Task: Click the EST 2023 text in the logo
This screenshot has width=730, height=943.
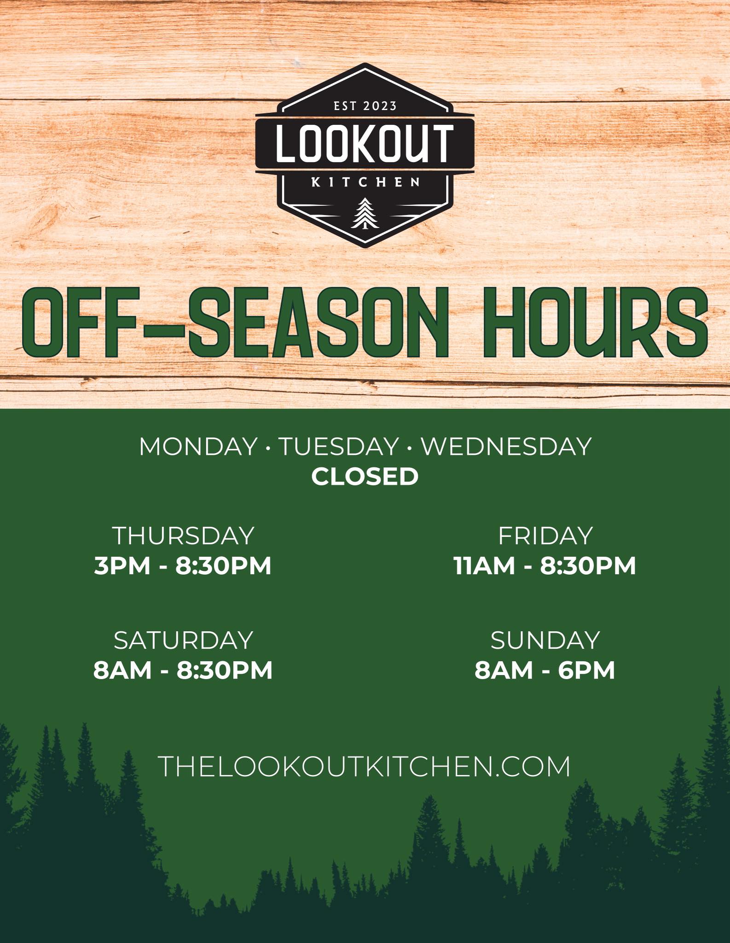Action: point(365,106)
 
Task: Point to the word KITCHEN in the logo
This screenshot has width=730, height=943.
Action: point(365,182)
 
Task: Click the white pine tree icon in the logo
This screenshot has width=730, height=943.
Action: point(364,213)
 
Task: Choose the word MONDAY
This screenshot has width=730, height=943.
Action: point(198,446)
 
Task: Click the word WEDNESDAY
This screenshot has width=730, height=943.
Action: point(506,446)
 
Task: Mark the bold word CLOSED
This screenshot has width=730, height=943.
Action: point(365,477)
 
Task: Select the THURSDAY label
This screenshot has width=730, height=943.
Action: point(183,536)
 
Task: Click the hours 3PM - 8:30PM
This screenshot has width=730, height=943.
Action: point(183,566)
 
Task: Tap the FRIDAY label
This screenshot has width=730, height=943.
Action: point(545,536)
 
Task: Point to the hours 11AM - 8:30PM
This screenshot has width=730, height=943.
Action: point(545,566)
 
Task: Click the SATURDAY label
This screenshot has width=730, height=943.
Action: point(183,640)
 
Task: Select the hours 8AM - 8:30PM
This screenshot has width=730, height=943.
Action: point(183,670)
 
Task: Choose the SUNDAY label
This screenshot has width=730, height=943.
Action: point(545,640)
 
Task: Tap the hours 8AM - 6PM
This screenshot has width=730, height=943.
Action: point(545,670)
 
